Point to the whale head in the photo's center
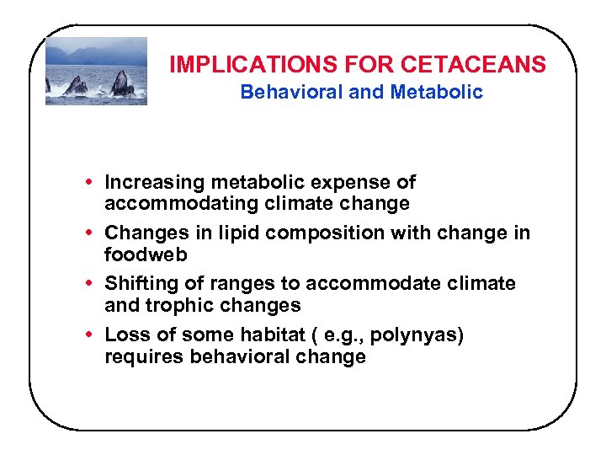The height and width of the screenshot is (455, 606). pos(77,85)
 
